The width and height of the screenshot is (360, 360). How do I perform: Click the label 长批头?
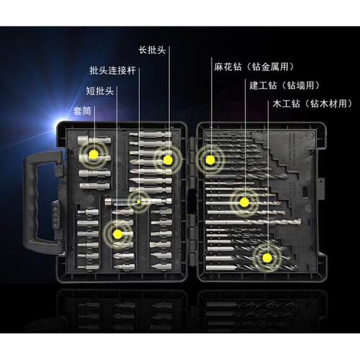tap(152, 50)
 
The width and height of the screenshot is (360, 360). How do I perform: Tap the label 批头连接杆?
tap(112, 71)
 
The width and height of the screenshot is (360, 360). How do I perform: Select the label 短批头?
tap(100, 91)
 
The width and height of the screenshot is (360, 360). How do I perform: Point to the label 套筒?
tap(82, 111)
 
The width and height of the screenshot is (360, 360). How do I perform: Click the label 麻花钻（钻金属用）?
tap(254, 67)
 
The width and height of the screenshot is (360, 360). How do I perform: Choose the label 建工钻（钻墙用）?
tap(284, 85)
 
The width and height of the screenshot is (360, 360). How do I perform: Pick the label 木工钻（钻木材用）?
tap(312, 104)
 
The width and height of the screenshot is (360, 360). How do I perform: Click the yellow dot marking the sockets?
tap(94, 154)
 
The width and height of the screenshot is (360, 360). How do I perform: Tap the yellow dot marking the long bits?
tap(168, 160)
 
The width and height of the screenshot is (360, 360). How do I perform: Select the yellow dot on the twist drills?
tap(210, 160)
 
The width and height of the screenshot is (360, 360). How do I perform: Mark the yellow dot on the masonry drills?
tap(244, 202)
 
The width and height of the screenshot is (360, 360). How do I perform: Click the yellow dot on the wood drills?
tap(267, 258)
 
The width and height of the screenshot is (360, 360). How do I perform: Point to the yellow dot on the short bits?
tap(117, 234)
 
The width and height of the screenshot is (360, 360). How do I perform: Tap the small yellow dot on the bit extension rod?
tap(139, 202)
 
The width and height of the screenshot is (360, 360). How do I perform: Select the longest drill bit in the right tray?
tap(253, 222)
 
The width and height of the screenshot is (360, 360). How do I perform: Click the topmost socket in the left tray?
tap(94, 140)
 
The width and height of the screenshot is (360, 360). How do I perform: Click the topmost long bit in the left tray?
tap(150, 135)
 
